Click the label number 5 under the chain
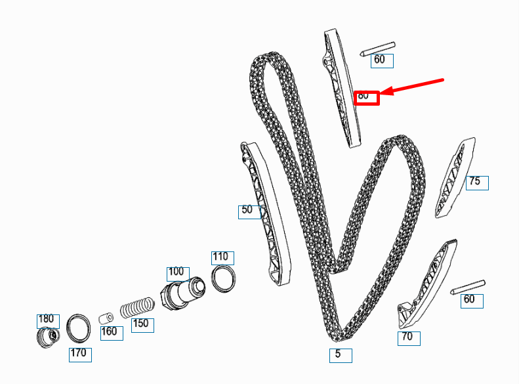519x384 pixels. (x=341, y=355)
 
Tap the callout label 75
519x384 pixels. (x=477, y=182)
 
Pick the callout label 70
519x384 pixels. (x=409, y=338)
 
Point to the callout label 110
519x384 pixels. (x=222, y=257)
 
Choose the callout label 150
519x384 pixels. (x=142, y=324)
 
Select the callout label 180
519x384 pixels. (x=47, y=320)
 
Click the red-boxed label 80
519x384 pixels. (x=367, y=97)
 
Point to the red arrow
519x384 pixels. (x=413, y=87)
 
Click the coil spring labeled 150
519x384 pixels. (x=137, y=307)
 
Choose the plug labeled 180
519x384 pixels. (x=47, y=338)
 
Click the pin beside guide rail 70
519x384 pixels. (x=467, y=287)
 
